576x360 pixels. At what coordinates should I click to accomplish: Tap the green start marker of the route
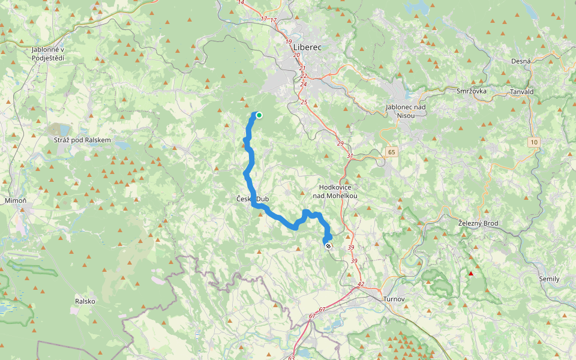[x=259, y=115]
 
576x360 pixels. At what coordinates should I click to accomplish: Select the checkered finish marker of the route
[x=328, y=245]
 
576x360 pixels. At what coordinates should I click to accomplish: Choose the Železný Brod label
[x=478, y=223]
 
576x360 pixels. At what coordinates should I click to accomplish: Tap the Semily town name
[x=549, y=279]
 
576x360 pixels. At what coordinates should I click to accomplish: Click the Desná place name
[x=521, y=61]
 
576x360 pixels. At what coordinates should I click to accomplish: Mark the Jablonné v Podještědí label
[x=48, y=54]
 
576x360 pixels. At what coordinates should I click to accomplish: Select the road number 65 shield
[x=392, y=152]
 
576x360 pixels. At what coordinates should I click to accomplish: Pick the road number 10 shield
[x=533, y=142]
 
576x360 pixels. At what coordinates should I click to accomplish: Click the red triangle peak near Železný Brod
[x=471, y=274]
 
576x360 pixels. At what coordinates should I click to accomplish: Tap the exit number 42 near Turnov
[x=360, y=284]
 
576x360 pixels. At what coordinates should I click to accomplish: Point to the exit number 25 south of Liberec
[x=304, y=102]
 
